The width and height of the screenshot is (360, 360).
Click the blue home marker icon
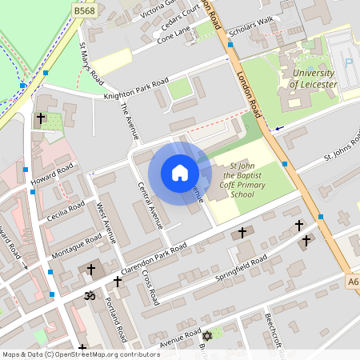click(179, 173)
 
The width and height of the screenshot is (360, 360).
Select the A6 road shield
click(353, 282)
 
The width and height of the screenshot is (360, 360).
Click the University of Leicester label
click(309, 78)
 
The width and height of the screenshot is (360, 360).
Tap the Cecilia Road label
click(66, 213)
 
